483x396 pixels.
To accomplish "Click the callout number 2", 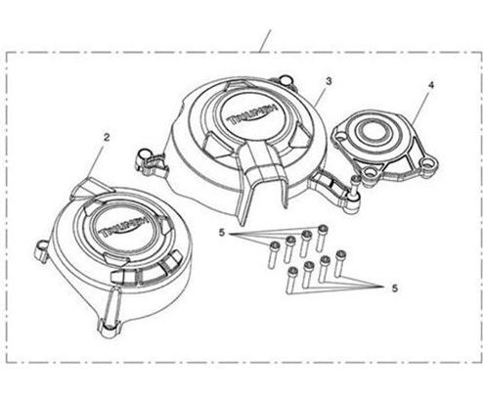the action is [x=107, y=137].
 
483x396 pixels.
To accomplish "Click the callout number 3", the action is [x=329, y=81].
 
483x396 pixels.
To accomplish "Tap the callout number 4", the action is [x=431, y=85].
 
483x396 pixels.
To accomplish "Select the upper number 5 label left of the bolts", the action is [x=222, y=233].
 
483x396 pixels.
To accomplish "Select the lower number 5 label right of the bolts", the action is [x=395, y=288].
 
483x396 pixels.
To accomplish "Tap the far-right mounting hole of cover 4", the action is [x=426, y=162].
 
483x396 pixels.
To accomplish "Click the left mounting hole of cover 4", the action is [x=339, y=136].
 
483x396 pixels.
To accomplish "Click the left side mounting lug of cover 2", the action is [x=42, y=250].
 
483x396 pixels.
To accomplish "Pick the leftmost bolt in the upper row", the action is [x=274, y=255].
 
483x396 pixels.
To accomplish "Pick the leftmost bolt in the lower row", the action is [x=292, y=280].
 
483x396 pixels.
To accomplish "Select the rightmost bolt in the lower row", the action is [x=339, y=262].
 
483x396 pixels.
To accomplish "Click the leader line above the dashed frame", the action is [x=265, y=41].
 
